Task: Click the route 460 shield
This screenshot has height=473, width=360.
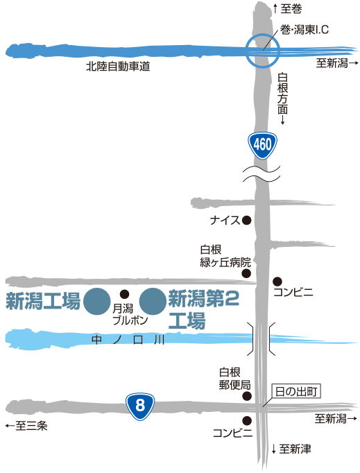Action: [262, 146]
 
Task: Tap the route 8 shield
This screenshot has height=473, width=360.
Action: [140, 406]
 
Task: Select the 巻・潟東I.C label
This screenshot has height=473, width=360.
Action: [305, 30]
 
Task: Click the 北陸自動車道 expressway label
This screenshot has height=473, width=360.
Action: [118, 67]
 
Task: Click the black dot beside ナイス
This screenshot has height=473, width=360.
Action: [246, 221]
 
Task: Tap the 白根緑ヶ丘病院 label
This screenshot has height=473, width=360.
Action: [225, 256]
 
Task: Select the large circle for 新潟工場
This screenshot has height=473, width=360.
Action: [97, 302]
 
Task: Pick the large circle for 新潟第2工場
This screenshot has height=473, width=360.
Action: [153, 302]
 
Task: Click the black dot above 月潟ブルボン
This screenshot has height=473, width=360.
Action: [125, 294]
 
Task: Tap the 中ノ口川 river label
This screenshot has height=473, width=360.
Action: [128, 340]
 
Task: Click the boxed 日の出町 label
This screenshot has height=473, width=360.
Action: [296, 392]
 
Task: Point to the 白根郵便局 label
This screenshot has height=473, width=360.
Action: [234, 379]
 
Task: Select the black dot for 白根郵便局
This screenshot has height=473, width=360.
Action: [247, 397]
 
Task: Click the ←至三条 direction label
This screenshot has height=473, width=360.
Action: [26, 426]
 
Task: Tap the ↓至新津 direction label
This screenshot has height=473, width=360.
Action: [291, 449]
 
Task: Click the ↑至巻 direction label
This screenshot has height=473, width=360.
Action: [287, 9]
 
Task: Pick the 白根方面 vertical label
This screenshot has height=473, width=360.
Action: [283, 98]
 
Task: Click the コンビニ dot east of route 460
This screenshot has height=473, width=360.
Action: [277, 282]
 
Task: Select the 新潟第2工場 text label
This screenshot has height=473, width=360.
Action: [204, 309]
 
